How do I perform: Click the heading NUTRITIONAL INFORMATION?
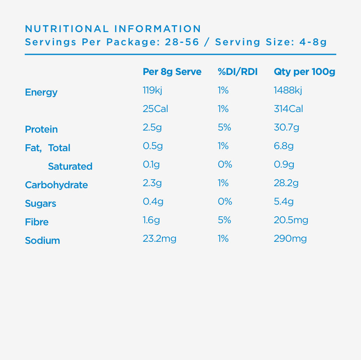coord(113,29)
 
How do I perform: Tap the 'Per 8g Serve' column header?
coord(172,72)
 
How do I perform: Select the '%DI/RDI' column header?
coord(237,72)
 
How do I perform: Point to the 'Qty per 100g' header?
coord(305,72)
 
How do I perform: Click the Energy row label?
coord(41,92)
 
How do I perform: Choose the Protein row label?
coord(41,129)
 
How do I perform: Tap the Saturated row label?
coord(70,166)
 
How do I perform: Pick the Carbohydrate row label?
coord(56,185)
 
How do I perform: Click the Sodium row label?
coord(42,241)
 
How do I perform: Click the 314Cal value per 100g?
coord(288,109)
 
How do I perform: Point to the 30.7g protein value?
coord(286,127)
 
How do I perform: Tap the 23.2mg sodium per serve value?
coord(159,238)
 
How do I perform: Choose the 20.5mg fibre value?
coord(291,220)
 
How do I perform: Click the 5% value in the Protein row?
coord(224,127)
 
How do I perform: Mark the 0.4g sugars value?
coord(153,201)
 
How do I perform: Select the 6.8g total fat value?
coord(284,146)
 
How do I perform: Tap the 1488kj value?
coord(288,90)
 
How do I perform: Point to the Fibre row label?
coord(37,222)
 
